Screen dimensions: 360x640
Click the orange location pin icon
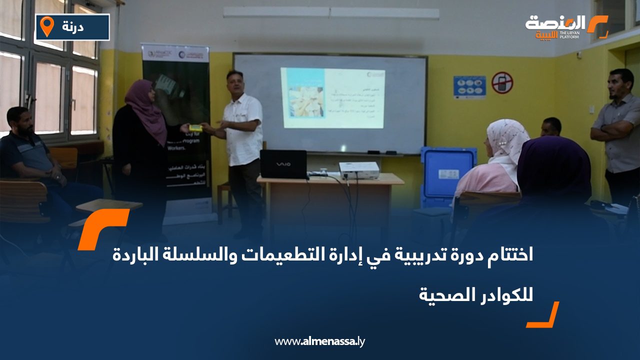click(x=46, y=26)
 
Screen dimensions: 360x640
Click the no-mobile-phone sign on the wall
click(x=502, y=82)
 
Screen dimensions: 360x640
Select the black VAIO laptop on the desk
click(x=283, y=164)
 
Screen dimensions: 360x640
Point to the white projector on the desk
click(x=358, y=170)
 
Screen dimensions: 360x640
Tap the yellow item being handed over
click(x=195, y=128)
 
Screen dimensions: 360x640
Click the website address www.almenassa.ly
click(x=320, y=341)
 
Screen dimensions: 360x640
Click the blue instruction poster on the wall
click(x=469, y=87)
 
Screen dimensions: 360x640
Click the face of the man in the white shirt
click(x=234, y=83)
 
